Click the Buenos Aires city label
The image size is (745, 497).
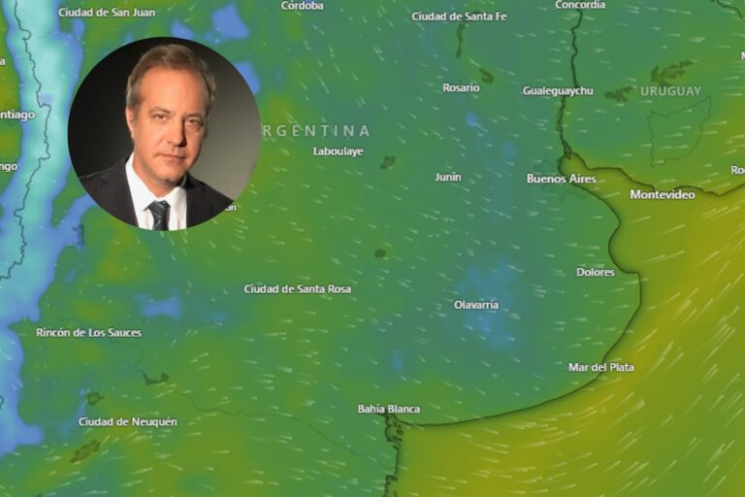pyautogui.click(x=561, y=179)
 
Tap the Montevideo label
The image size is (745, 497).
pyautogui.click(x=662, y=194)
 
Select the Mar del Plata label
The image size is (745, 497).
pyautogui.click(x=600, y=367)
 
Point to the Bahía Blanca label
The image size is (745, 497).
pyautogui.click(x=388, y=409)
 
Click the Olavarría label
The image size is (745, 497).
pyautogui.click(x=475, y=305)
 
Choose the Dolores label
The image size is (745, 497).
pyautogui.click(x=595, y=272)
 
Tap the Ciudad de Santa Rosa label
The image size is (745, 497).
pyautogui.click(x=297, y=288)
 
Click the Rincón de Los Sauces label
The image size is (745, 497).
pyautogui.click(x=88, y=332)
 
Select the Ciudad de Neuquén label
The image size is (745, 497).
pyautogui.click(x=127, y=421)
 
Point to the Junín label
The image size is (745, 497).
pyautogui.click(x=447, y=177)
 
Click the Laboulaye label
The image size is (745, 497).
pyautogui.click(x=338, y=150)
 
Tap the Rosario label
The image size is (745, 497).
pyautogui.click(x=461, y=87)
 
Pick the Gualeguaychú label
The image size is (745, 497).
pyautogui.click(x=558, y=90)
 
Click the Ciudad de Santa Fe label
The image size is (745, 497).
pyautogui.click(x=459, y=16)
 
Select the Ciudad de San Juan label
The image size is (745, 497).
pyautogui.click(x=106, y=12)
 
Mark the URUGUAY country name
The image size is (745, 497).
pyautogui.click(x=669, y=91)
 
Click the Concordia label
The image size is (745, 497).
pyautogui.click(x=579, y=5)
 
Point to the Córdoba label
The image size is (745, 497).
pyautogui.click(x=302, y=5)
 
